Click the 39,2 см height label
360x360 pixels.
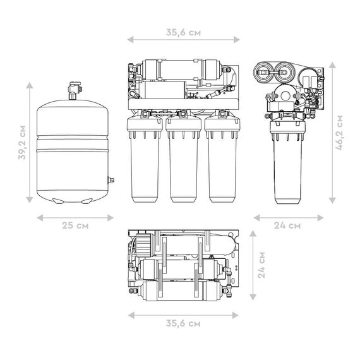[x=22, y=143]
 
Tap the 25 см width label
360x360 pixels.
[x=75, y=225]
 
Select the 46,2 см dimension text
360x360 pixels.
[x=339, y=133]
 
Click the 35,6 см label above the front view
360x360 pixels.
[x=183, y=32]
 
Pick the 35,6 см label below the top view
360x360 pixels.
[x=183, y=323]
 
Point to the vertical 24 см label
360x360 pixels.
[x=261, y=265]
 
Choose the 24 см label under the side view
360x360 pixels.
[x=287, y=225]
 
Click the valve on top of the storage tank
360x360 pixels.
[x=74, y=90]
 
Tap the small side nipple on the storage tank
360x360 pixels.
[x=111, y=180]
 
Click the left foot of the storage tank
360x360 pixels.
[x=58, y=201]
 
